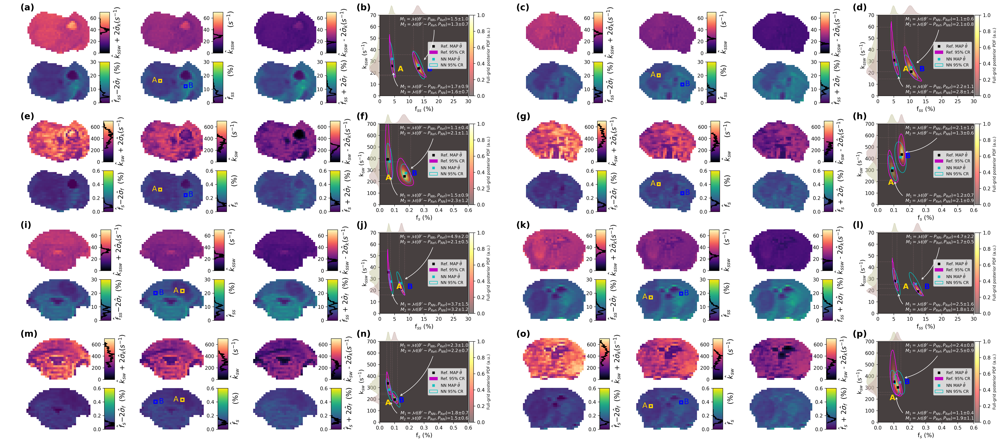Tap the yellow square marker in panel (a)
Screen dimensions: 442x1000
(160, 81)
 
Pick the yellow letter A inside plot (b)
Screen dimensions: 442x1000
(400, 69)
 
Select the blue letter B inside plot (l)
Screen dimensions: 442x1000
(927, 286)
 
